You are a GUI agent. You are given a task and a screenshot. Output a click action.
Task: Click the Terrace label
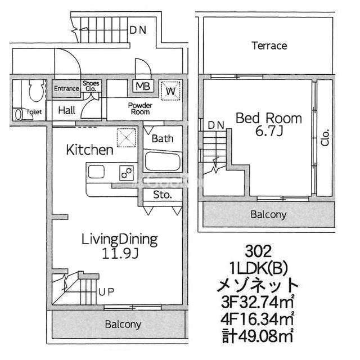[269, 46]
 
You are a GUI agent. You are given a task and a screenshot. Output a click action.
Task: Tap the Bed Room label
[269, 119]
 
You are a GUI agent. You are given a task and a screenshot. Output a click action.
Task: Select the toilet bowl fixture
[37, 91]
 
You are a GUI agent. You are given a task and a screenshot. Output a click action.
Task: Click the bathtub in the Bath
[163, 161]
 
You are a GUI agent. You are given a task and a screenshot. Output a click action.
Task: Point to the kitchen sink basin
[96, 172]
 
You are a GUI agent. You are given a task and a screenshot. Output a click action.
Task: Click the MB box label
[143, 87]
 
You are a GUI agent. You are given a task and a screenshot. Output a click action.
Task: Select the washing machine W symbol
[170, 91]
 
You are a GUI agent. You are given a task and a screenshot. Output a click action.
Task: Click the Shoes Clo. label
[91, 86]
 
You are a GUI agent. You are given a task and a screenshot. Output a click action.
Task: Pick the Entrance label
[66, 88]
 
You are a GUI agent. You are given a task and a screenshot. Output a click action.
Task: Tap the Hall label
[66, 110]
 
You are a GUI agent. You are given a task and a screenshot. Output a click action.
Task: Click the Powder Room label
[140, 109]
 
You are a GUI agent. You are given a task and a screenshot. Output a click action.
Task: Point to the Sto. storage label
[163, 195]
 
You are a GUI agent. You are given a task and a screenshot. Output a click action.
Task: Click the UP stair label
[106, 292]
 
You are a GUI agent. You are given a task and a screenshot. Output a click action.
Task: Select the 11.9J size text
[120, 254]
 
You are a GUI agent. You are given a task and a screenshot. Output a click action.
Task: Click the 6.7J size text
[269, 132]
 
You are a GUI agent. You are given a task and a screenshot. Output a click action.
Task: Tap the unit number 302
[258, 251]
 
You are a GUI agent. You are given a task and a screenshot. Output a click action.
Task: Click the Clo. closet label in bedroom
[325, 137]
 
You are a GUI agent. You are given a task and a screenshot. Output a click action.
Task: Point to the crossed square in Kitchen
[127, 137]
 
